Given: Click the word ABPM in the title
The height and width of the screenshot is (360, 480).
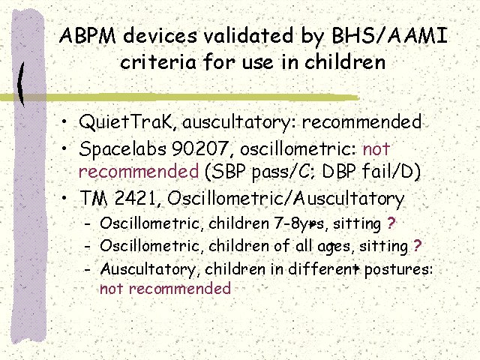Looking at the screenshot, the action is pos(88,35).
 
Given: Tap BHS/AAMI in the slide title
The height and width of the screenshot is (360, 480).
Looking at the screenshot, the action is pos(390,35).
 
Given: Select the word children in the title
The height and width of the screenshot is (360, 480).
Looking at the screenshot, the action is pos(345,61).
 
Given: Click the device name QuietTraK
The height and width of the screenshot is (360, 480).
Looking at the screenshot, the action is pos(127,122).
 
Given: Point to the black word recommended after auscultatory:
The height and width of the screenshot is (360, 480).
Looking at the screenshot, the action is pos(361,121).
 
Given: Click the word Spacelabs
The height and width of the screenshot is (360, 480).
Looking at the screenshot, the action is pos(122,149).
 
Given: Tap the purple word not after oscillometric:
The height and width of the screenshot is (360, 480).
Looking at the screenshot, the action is pos(376,149).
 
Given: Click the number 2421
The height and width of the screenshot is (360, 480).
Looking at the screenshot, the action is pos(136,198).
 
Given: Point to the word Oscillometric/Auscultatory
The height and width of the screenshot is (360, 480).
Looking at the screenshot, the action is pos(286,199).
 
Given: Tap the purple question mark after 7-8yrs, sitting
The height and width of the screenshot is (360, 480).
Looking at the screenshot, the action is pos(391,223).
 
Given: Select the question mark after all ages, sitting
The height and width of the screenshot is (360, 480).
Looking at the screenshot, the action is pos(417,245).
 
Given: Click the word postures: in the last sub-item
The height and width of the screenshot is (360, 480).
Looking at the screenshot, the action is pos(398,270).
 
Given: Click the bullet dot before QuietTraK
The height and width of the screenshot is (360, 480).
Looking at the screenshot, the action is pos(64,121).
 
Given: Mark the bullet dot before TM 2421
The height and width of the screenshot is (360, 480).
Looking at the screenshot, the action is pos(64,198).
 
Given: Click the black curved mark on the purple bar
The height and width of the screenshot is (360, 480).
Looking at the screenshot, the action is pos(20,84).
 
